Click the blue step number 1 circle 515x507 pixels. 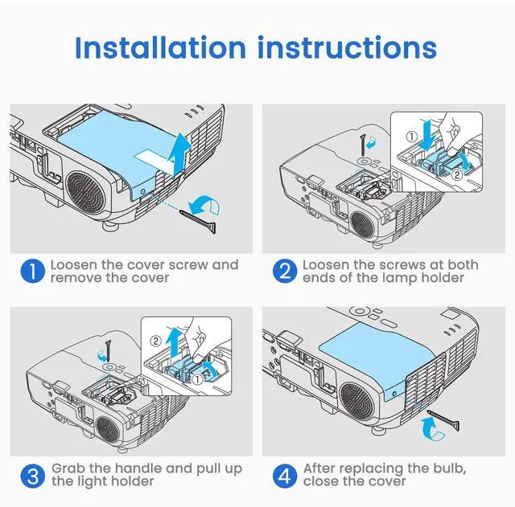click(x=31, y=272)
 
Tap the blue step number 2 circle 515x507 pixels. click(x=283, y=272)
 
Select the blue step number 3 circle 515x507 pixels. click(x=31, y=475)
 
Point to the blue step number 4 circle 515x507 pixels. click(x=283, y=475)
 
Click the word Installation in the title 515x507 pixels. click(x=159, y=47)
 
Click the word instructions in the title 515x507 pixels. click(x=348, y=47)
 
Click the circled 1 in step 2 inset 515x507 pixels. click(x=412, y=136)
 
